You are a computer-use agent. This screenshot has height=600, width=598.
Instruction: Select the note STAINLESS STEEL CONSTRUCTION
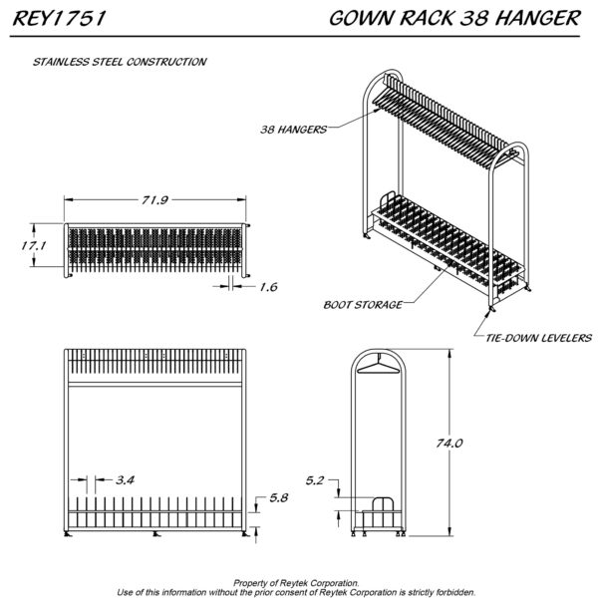120,61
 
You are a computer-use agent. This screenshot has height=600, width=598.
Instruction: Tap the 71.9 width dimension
153,200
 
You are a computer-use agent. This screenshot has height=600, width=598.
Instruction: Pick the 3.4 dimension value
126,479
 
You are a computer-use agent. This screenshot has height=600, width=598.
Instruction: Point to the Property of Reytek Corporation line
298,582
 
